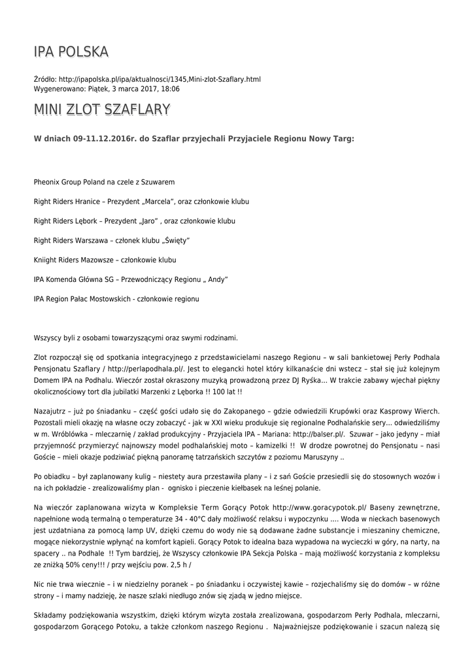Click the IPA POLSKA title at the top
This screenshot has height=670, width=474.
[x=71, y=52]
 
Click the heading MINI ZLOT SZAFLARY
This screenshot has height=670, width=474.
[x=101, y=109]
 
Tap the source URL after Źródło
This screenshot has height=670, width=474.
[x=160, y=79]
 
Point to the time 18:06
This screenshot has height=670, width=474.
[x=170, y=88]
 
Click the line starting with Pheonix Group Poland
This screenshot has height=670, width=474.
[x=104, y=181]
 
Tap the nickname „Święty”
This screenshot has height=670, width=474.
[x=177, y=240]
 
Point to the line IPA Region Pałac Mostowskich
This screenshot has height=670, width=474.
[x=116, y=299]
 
